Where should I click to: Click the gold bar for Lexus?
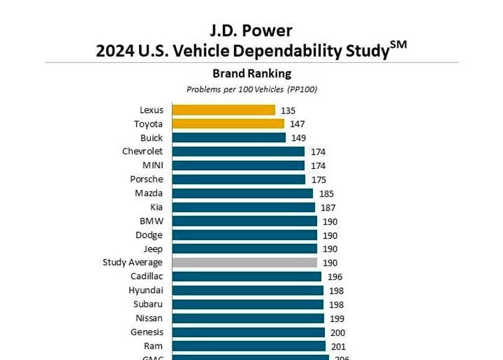[x=224, y=110]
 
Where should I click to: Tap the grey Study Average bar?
[x=245, y=263]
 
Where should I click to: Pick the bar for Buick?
[x=229, y=138]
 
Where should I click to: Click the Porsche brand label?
[x=147, y=179]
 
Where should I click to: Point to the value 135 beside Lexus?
[x=288, y=110]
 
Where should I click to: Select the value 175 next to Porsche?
[x=317, y=180]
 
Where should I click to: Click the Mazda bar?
[x=242, y=193]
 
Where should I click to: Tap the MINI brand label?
[x=153, y=166]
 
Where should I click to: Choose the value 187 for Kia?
[x=328, y=208]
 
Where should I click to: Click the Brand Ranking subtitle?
[x=251, y=74]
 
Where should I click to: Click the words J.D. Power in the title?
[x=251, y=29]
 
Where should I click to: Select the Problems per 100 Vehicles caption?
[x=251, y=89]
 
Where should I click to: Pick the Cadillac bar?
[x=247, y=276]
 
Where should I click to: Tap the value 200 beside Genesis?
[x=338, y=333]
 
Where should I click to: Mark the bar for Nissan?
[x=248, y=318]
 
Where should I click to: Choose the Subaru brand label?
[x=148, y=304]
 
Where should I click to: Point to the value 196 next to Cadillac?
[x=335, y=277]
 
